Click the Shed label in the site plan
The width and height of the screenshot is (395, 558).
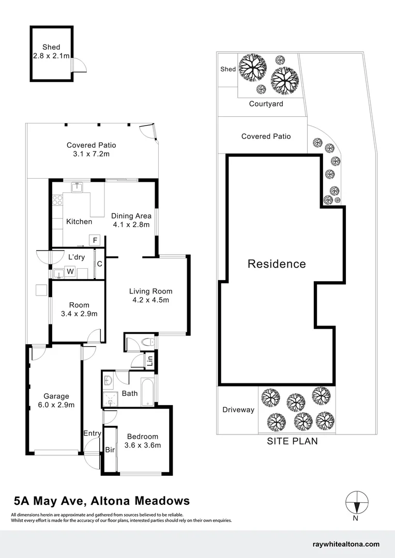(228, 69)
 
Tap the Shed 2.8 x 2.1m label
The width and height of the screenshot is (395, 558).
(51, 52)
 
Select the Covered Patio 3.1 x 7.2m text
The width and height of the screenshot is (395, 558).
(91, 149)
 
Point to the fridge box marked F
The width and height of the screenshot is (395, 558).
(95, 240)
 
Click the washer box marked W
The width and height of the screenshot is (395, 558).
(70, 271)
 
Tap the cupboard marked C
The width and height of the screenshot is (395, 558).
(99, 264)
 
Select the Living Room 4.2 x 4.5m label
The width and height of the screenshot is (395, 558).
(150, 296)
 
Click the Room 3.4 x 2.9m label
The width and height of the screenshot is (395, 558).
(79, 309)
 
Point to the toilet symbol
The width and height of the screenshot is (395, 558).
(146, 342)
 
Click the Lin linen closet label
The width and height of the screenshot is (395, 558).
(150, 361)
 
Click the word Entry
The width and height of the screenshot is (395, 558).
(92, 433)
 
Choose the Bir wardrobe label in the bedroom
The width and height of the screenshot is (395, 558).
(110, 450)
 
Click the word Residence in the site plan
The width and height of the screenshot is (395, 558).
(277, 264)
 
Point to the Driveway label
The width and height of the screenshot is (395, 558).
(238, 410)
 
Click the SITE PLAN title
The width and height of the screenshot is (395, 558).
(292, 441)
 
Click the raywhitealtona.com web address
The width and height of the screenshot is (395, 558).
(346, 544)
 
